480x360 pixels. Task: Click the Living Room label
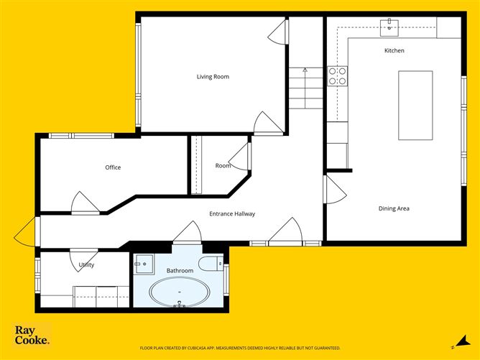[213, 76]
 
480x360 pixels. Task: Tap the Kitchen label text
[394, 51]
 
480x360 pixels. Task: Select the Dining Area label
[394, 208]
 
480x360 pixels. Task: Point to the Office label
[113, 167]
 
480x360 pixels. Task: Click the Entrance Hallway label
[232, 213]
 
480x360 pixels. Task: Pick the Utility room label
[86, 265]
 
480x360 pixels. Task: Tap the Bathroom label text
[180, 270]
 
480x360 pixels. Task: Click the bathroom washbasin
[143, 262]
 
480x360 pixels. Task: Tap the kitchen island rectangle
[415, 105]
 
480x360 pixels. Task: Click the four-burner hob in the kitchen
[337, 75]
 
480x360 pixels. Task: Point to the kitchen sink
[389, 27]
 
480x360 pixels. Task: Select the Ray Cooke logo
[32, 336]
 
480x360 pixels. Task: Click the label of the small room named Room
[223, 166]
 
